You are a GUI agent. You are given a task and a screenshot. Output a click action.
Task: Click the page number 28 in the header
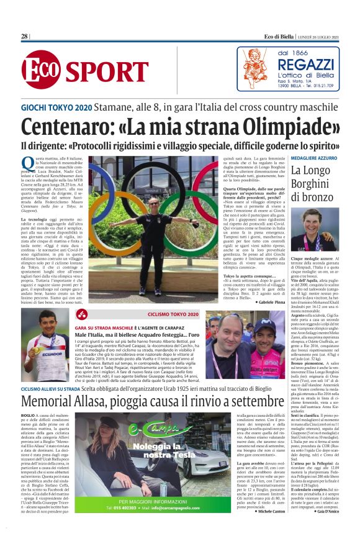(x=25, y=37)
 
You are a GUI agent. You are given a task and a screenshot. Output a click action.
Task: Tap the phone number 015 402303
(x=140, y=524)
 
